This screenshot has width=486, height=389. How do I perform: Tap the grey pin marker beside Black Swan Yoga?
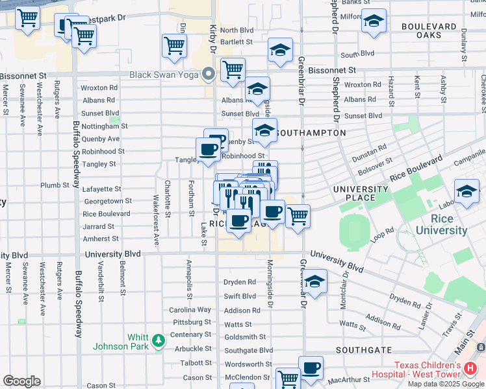(209, 75)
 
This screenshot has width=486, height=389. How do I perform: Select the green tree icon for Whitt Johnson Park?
(157, 340)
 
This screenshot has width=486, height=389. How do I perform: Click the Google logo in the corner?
(21, 381)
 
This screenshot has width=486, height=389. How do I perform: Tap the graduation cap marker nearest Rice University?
(467, 191)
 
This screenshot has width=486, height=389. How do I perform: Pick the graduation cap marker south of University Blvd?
(314, 281)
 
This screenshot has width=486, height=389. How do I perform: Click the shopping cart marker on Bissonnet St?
(233, 69)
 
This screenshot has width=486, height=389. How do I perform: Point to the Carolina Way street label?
(190, 311)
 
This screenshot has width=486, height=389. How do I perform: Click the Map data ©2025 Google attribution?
(446, 384)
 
